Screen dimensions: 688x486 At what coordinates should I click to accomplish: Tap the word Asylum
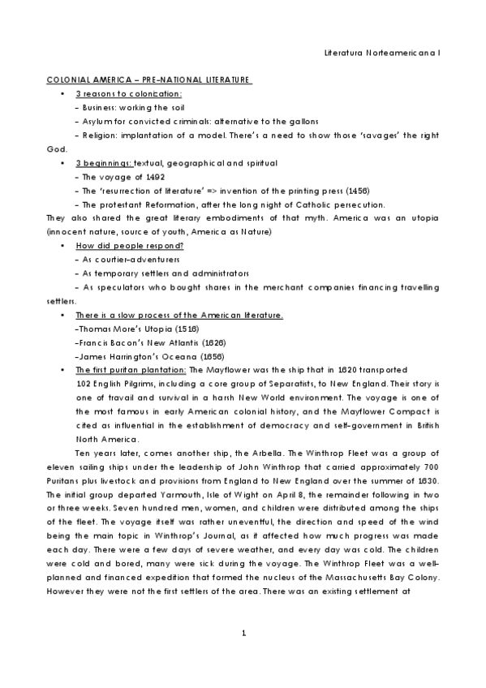(x=88, y=121)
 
